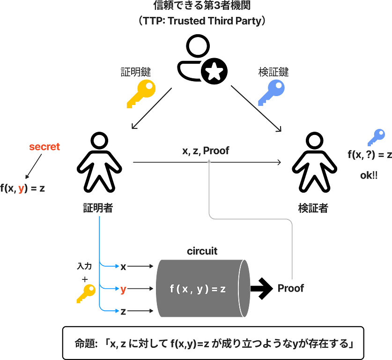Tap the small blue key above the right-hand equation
(376, 137)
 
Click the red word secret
(44, 147)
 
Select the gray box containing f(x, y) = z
(202, 288)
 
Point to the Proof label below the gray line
(290, 288)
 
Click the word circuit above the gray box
(202, 251)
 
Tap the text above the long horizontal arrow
(206, 151)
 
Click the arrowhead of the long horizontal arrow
(280, 163)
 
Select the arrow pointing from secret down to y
(33, 167)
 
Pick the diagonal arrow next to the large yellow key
(152, 107)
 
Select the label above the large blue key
(274, 72)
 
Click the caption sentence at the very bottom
(214, 344)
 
